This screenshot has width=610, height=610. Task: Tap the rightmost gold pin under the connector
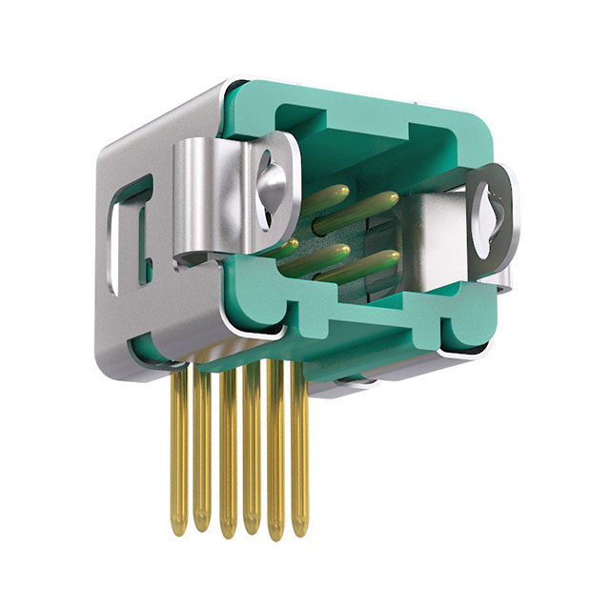tap(299, 448)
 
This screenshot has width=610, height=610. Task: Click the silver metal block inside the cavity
tap(434, 238)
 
